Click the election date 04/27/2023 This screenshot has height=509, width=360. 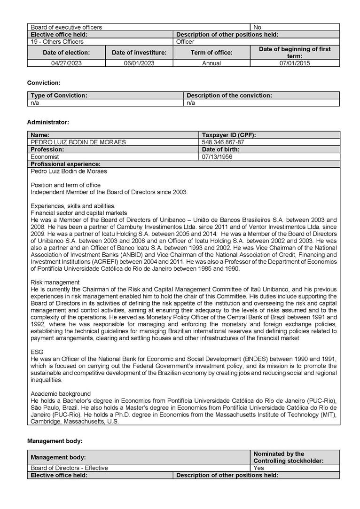coord(66,63)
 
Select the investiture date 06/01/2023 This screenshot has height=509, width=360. coord(139,63)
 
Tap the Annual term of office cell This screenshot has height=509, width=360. coord(211,63)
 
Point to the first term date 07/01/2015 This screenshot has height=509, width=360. coord(295,63)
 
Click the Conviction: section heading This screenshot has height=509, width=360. coord(44,83)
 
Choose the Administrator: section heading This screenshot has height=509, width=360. coord(48,122)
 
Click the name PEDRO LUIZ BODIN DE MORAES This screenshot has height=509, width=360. coord(78,142)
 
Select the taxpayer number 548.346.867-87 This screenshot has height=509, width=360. coord(223,142)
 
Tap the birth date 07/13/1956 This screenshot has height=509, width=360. coord(217,157)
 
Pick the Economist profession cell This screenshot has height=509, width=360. coord(45,157)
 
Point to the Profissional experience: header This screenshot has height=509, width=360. coord(66,164)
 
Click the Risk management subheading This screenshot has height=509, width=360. coord(55,282)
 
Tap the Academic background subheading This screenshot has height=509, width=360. coord(61,393)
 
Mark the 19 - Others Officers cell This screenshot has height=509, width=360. coord(57,42)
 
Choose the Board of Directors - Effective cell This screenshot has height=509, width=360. coord(69,468)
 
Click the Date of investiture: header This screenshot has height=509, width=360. coord(139,53)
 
